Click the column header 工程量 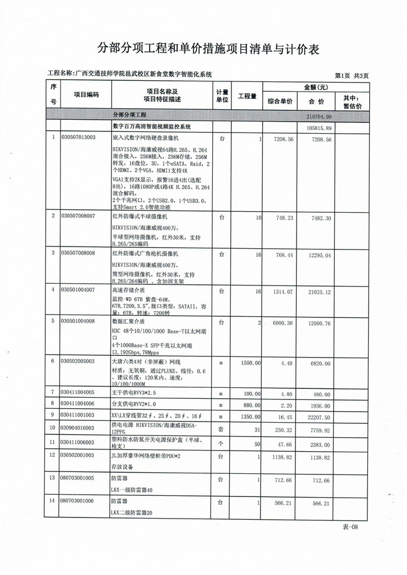pos(247,96)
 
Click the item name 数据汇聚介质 pos(128,321)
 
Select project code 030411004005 pos(78,392)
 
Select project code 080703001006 pos(78,501)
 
